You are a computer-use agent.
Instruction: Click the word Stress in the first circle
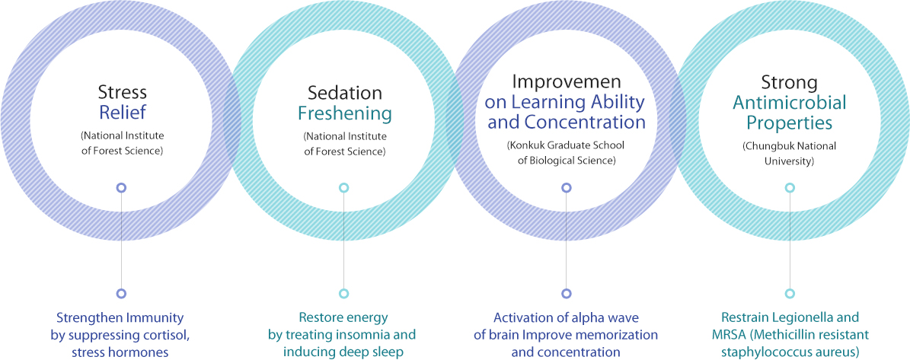tap(122, 92)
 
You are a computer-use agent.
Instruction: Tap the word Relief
tap(122, 113)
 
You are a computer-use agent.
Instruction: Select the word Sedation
tap(345, 92)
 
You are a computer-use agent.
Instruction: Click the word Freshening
tap(345, 113)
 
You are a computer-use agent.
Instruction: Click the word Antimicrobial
tap(789, 104)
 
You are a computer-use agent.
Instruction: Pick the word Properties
tap(789, 123)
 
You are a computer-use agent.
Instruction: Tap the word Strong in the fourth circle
tap(789, 83)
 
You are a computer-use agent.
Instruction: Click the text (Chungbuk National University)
tap(789, 153)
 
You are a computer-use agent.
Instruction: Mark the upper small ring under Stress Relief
tap(121, 188)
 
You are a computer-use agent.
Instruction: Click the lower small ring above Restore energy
tap(344, 293)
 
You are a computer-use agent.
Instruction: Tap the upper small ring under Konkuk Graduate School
tap(567, 188)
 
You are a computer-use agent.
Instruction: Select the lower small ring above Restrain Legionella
tap(789, 293)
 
